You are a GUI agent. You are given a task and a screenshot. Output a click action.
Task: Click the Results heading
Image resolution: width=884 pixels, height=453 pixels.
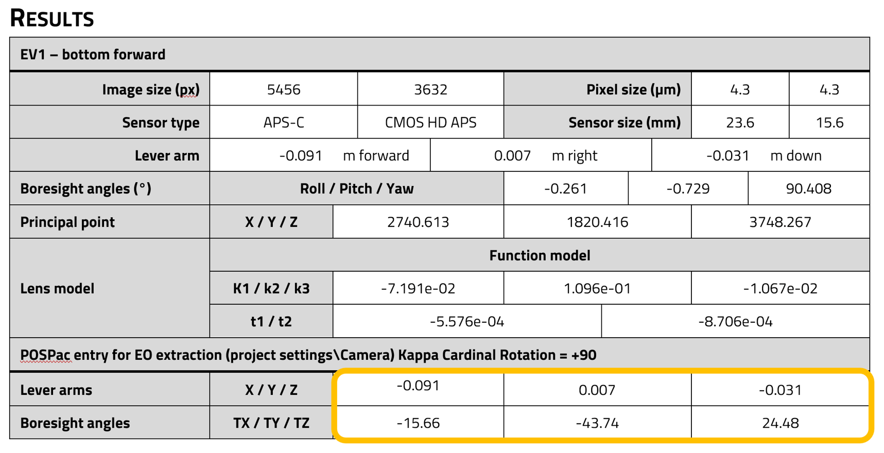click(x=52, y=18)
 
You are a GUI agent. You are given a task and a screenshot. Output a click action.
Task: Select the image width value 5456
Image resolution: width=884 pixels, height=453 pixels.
click(x=284, y=90)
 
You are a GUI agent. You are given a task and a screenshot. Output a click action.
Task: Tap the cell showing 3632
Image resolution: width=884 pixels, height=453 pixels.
click(x=430, y=90)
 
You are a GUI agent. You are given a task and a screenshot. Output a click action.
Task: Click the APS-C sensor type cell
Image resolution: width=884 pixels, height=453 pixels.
click(x=284, y=123)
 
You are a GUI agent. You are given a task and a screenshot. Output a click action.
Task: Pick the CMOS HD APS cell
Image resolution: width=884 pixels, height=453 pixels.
click(x=430, y=123)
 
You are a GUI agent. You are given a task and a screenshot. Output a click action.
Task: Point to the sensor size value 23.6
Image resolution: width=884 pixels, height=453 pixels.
click(x=740, y=123)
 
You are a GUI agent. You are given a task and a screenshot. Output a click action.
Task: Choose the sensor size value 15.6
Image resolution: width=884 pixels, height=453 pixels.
click(x=829, y=123)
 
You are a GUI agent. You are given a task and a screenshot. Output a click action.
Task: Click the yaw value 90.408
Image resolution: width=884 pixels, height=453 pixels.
click(x=808, y=188)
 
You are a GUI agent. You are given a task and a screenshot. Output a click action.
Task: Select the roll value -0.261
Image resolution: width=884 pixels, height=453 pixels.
click(x=565, y=188)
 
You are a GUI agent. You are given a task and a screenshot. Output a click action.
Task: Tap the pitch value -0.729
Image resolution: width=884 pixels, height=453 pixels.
click(x=688, y=188)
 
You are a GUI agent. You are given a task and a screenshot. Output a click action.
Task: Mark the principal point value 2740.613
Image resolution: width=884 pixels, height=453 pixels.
click(x=418, y=222)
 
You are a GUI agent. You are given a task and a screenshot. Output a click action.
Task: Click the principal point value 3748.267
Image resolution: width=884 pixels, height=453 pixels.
click(x=780, y=222)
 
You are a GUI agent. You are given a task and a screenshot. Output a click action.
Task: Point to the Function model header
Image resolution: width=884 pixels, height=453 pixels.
click(x=540, y=255)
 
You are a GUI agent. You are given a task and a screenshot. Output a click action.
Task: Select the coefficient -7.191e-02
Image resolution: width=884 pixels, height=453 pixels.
click(x=418, y=288)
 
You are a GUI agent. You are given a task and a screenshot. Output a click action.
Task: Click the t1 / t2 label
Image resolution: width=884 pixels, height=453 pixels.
click(x=271, y=322)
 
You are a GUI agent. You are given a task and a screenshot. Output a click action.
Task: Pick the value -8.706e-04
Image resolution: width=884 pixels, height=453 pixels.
click(x=735, y=322)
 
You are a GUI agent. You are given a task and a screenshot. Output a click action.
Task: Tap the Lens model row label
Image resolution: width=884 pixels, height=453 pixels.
click(x=58, y=288)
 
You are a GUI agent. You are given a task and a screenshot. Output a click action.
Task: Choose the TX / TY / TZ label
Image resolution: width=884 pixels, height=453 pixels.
click(x=271, y=423)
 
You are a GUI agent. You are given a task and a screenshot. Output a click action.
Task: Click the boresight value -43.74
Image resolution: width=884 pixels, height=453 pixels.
click(x=597, y=423)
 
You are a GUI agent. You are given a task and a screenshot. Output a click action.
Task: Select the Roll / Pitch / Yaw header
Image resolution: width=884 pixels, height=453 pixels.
click(x=357, y=188)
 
